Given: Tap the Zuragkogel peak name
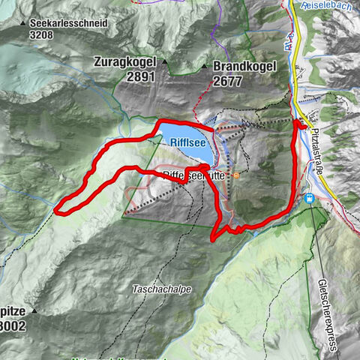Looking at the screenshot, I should point(124,62).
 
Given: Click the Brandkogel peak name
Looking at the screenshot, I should point(244,66).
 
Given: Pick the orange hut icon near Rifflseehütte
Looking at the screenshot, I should point(236,176).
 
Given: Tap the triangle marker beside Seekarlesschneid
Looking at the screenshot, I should point(22,24).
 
